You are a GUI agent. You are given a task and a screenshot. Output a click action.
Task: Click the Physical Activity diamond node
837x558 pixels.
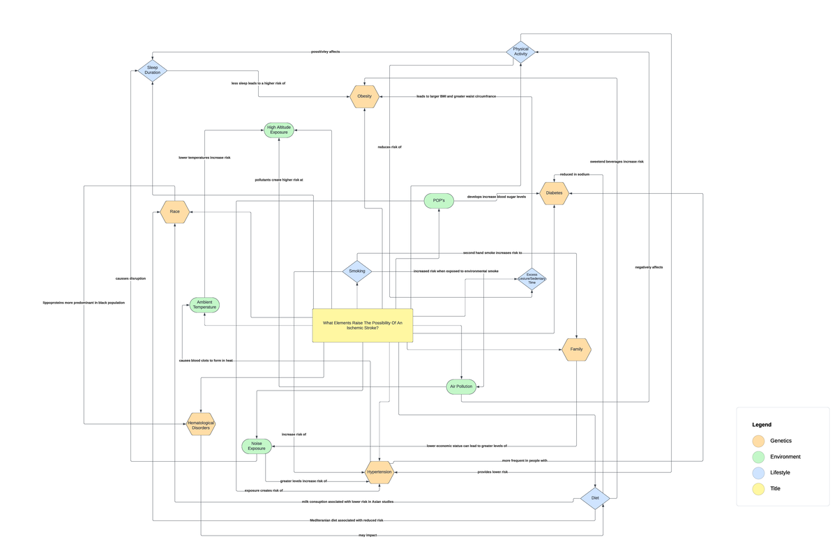click(x=520, y=52)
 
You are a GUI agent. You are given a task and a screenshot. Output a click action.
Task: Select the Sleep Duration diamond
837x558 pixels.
click(x=152, y=70)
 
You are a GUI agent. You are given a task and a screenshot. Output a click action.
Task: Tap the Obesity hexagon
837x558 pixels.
click(x=364, y=96)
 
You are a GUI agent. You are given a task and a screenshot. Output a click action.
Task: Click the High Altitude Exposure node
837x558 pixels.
click(x=279, y=130)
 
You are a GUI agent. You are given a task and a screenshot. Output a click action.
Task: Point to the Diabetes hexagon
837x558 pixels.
click(x=554, y=193)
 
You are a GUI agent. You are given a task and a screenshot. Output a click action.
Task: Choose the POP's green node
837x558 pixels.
click(x=439, y=201)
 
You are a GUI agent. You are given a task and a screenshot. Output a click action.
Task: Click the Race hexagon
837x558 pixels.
click(x=174, y=211)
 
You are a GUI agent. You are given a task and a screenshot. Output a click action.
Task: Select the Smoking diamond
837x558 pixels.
click(x=356, y=271)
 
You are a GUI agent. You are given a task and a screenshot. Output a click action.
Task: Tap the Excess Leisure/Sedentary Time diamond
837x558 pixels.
click(x=531, y=279)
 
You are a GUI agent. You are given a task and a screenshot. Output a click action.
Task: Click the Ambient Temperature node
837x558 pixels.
click(x=204, y=305)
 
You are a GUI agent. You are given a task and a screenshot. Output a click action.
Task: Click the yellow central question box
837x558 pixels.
click(x=362, y=325)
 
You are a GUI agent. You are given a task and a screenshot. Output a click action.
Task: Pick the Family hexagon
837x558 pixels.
click(x=576, y=349)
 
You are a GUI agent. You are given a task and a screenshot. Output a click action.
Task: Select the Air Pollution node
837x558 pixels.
click(x=461, y=386)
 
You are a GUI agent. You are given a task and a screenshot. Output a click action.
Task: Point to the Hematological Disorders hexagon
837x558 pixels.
click(x=201, y=424)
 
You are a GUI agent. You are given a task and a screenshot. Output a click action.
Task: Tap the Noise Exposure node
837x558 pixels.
click(x=256, y=446)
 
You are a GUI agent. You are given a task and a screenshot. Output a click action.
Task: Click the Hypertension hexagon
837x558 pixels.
click(x=379, y=472)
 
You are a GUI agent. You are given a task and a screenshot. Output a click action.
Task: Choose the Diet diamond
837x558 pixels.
click(x=595, y=498)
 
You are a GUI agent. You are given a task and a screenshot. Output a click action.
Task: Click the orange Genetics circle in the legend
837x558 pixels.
click(x=758, y=441)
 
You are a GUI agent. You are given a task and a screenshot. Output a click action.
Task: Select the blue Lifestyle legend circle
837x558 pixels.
click(x=758, y=473)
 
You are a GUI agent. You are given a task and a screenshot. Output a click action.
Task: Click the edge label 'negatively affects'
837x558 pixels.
click(x=649, y=267)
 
